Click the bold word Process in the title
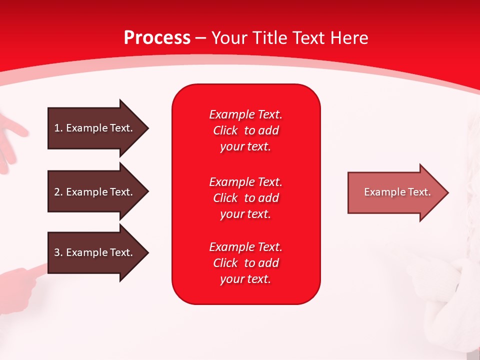click(x=157, y=38)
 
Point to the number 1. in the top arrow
click(x=58, y=128)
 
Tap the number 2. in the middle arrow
click(x=58, y=192)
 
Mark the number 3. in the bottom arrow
click(x=58, y=252)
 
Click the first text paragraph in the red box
click(x=245, y=130)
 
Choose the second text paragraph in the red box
click(x=245, y=198)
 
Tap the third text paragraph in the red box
click(x=245, y=263)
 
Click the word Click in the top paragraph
click(x=225, y=131)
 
